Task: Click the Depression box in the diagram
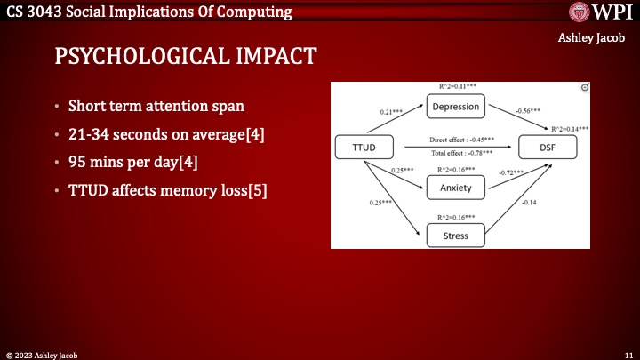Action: point(456,107)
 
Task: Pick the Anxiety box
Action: point(456,188)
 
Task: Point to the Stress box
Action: point(456,235)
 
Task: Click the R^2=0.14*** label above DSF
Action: point(570,129)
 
